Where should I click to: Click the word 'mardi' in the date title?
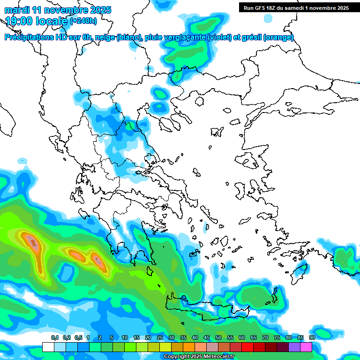click(x=17, y=10)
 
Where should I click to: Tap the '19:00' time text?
click(x=20, y=21)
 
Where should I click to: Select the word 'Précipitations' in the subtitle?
click(x=30, y=37)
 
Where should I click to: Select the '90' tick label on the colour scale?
click(x=312, y=337)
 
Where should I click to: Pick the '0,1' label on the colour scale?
click(x=54, y=337)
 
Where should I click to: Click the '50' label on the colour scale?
click(x=218, y=337)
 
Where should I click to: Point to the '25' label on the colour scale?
click(x=160, y=337)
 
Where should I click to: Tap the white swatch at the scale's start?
click(x=48, y=347)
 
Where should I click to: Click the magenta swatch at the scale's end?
click(x=306, y=347)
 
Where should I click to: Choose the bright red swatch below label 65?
click(x=247, y=347)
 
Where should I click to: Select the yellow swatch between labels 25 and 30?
click(x=165, y=347)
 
